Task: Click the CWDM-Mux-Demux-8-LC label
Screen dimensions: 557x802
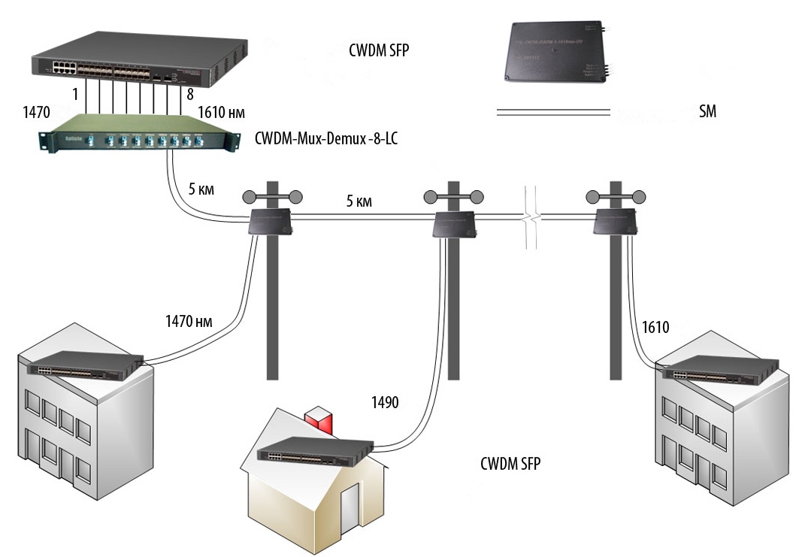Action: coord(327,139)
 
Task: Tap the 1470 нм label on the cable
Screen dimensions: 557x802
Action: coord(189,322)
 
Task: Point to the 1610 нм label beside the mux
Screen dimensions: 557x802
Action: coord(220,112)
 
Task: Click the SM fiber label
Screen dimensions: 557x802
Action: coord(707,113)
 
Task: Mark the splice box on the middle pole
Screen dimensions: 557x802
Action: coord(452,223)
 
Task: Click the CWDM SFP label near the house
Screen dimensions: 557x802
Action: coord(510,464)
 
